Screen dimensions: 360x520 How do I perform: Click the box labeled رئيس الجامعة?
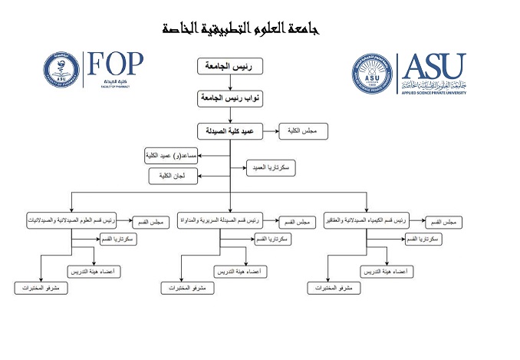[x=229, y=68]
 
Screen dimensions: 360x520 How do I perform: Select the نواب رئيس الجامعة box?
[x=229, y=100]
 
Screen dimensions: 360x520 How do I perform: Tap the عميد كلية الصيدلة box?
[x=229, y=132]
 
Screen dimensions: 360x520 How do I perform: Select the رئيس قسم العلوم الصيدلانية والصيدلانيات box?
[x=71, y=221]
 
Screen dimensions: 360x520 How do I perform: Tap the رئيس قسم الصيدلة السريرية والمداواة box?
[x=219, y=221]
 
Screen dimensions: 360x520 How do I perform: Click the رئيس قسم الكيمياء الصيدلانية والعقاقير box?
[x=367, y=221]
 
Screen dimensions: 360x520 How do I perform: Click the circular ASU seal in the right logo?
[x=372, y=75]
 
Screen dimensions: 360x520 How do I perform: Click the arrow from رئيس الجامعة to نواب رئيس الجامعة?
[x=229, y=84]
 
